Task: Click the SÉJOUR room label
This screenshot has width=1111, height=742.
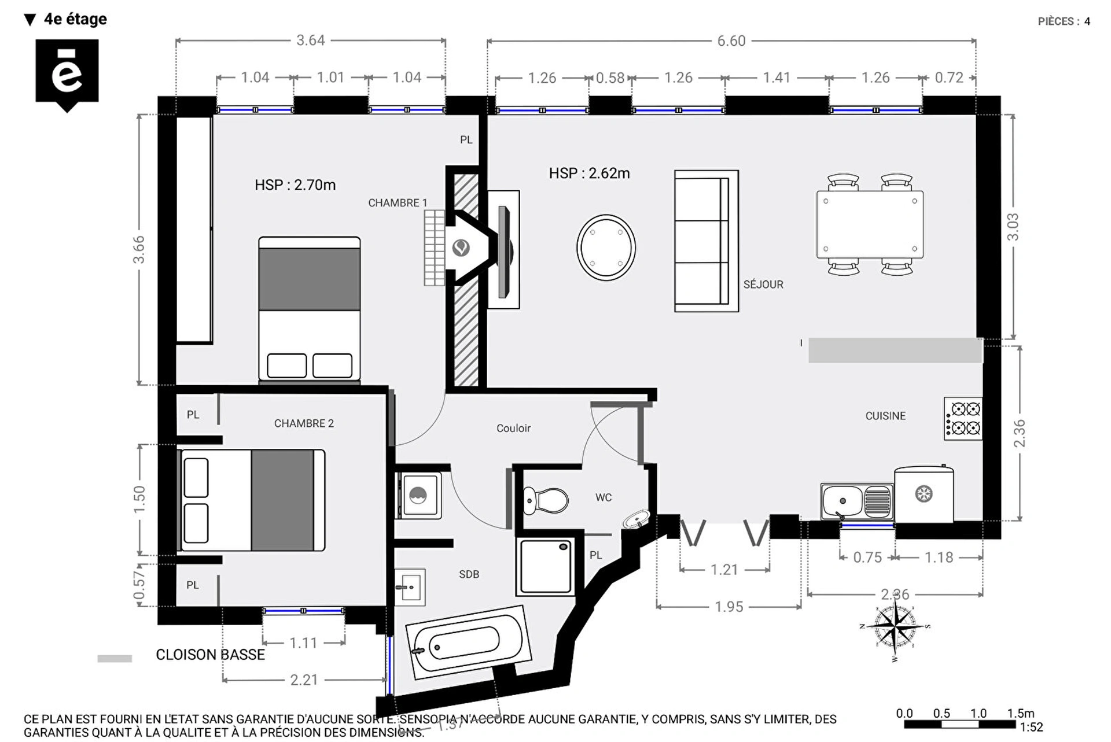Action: (x=763, y=285)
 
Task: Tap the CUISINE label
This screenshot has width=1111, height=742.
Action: (x=885, y=416)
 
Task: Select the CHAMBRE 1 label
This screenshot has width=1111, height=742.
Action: (x=398, y=203)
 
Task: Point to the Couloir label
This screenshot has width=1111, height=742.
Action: (x=513, y=428)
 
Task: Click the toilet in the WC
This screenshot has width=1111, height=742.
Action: (x=546, y=500)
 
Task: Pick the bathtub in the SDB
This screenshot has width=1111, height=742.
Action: (x=468, y=642)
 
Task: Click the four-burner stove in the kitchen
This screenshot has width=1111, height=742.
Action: (x=963, y=419)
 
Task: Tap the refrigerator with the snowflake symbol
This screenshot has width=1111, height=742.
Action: (x=924, y=493)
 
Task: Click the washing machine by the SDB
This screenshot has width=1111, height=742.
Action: (x=419, y=495)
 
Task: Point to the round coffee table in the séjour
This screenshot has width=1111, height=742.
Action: (x=606, y=248)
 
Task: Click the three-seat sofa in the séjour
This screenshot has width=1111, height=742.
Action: (x=706, y=241)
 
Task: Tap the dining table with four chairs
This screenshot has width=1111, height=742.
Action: (x=870, y=224)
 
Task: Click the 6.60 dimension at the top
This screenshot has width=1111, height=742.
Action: (x=731, y=41)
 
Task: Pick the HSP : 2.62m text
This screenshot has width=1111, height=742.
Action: (x=589, y=173)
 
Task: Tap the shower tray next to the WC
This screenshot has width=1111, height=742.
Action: (x=546, y=566)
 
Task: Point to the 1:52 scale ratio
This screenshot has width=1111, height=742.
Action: (x=1031, y=727)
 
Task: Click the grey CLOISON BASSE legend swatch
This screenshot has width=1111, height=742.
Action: (x=115, y=658)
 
